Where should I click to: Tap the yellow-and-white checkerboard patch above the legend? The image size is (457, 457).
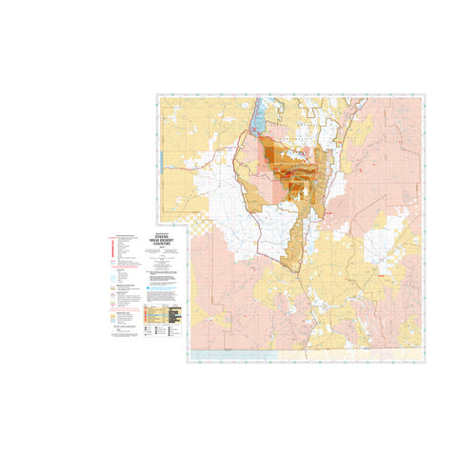[x=200, y=225]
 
